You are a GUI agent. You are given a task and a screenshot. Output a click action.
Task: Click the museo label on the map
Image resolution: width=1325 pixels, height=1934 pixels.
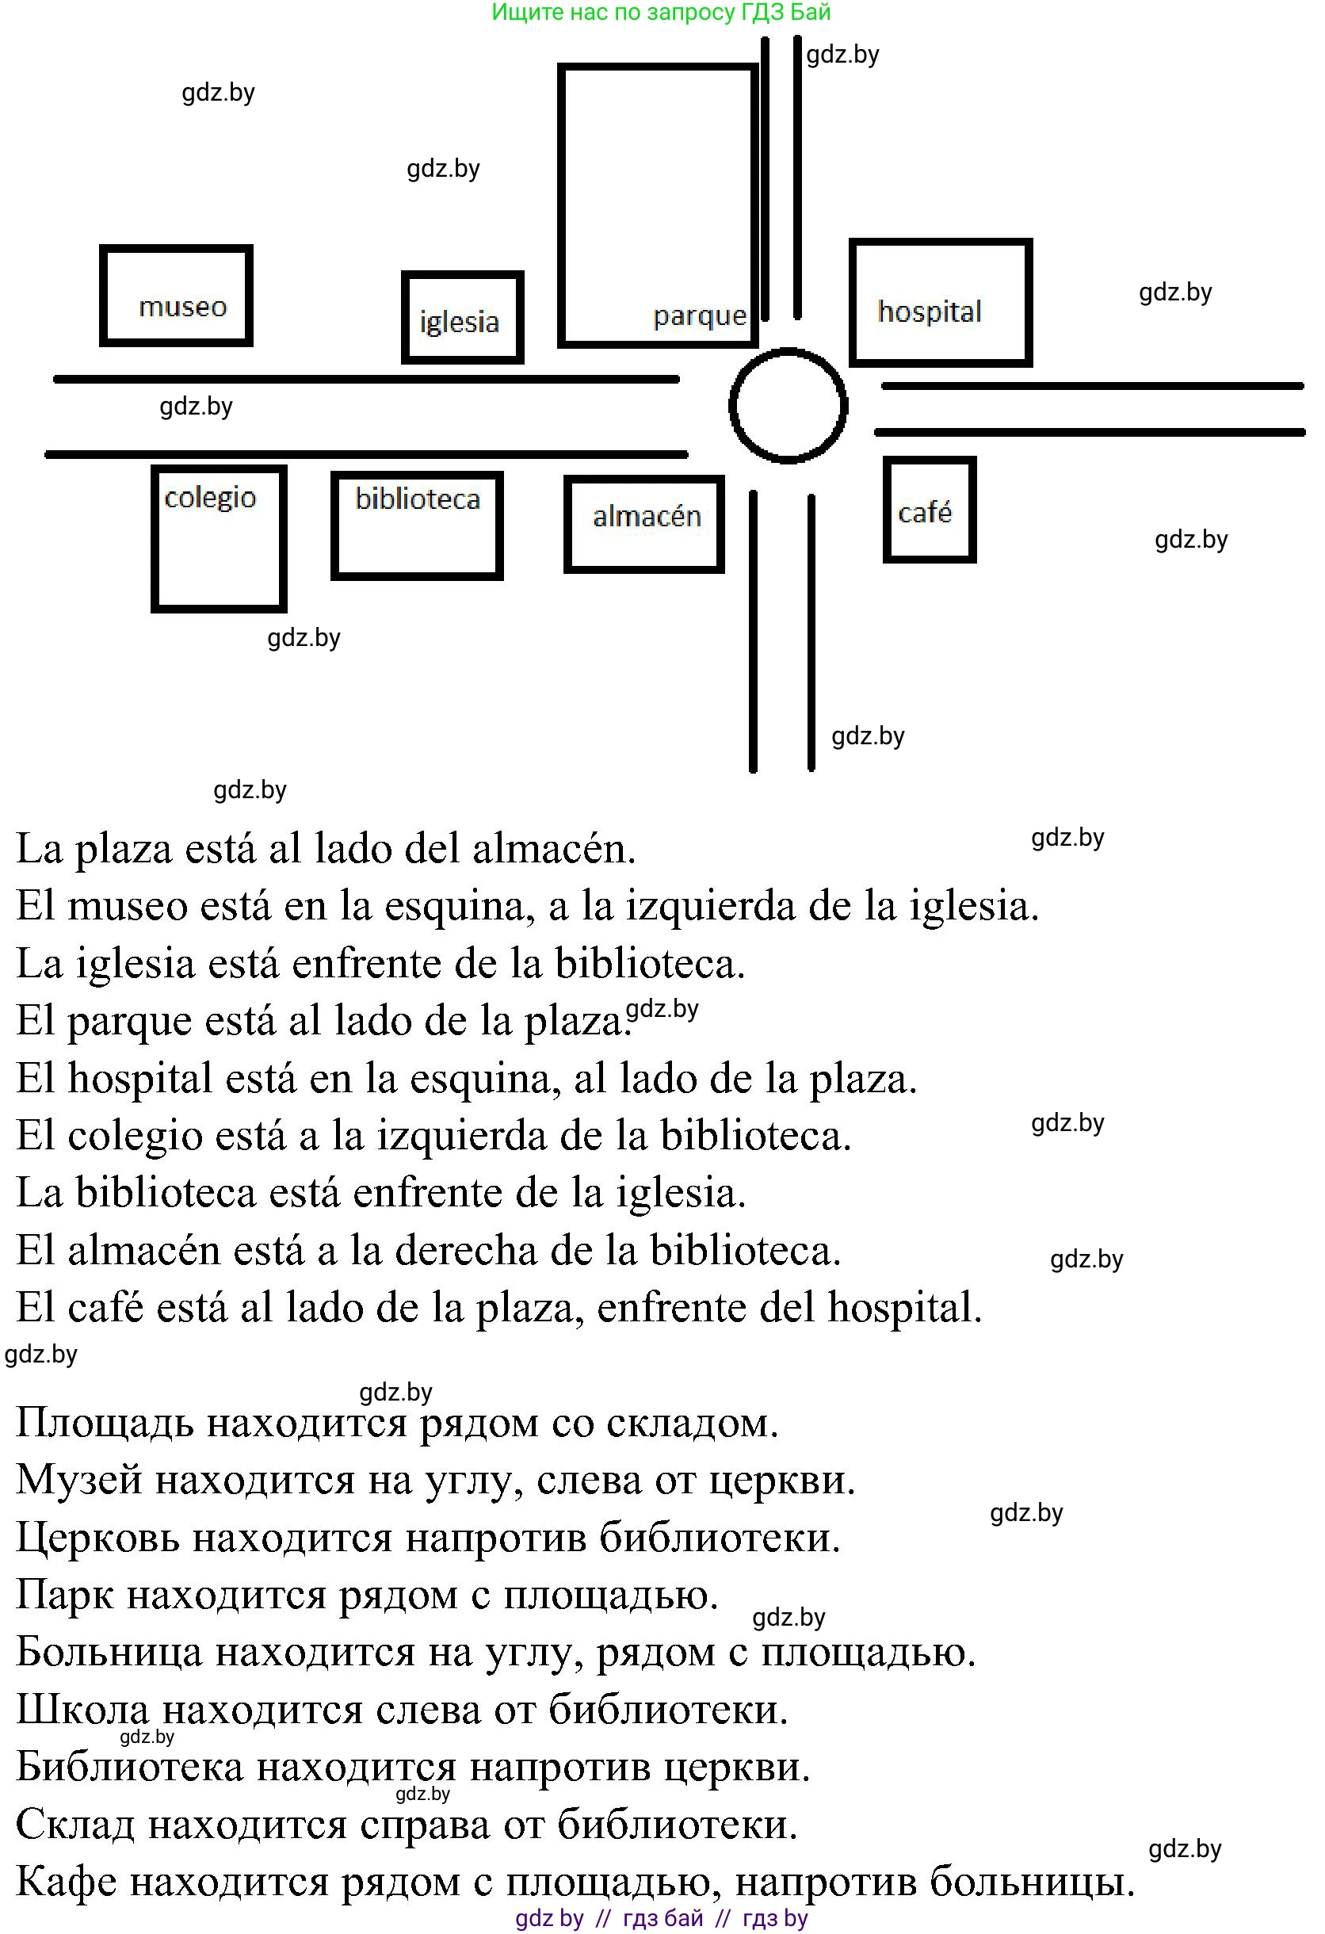tap(182, 307)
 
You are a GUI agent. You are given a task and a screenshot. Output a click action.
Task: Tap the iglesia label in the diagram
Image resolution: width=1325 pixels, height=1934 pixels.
tap(459, 321)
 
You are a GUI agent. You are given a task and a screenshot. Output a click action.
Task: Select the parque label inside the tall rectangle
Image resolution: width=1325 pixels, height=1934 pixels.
tap(700, 315)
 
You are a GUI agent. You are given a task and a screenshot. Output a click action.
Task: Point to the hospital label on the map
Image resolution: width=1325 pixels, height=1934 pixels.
tap(929, 312)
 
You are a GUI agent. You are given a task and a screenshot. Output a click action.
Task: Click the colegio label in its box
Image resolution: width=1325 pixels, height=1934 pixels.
tap(209, 498)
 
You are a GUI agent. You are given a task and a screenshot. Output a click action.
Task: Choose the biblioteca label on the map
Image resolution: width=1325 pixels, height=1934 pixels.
tap(418, 499)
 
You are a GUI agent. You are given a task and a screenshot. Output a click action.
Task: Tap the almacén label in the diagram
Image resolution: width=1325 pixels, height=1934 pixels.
tap(647, 516)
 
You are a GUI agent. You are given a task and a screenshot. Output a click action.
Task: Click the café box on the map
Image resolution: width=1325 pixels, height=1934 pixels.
tap(928, 510)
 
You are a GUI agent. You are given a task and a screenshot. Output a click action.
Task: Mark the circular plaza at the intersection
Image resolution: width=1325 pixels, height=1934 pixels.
tap(788, 405)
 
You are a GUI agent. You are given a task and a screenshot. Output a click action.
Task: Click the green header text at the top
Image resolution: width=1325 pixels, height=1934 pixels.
tap(661, 13)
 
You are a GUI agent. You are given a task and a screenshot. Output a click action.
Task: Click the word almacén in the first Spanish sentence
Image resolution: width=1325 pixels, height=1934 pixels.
tap(553, 850)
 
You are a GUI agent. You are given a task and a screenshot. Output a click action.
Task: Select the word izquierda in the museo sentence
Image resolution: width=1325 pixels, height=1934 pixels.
tap(709, 906)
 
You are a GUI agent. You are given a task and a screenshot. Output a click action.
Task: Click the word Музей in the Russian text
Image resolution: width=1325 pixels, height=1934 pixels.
tap(79, 1481)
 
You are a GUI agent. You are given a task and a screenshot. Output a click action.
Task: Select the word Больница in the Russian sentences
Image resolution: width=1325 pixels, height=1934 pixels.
tap(108, 1652)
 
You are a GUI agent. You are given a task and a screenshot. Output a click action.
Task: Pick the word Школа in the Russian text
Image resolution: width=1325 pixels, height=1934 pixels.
tap(82, 1710)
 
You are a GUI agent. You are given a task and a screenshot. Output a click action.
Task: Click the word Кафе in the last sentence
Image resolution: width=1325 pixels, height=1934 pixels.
tap(67, 1882)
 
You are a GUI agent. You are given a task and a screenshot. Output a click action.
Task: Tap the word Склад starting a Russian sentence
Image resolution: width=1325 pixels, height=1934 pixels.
tap(74, 1824)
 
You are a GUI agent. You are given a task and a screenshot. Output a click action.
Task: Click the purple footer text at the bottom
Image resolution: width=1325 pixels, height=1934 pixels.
tap(661, 1918)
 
